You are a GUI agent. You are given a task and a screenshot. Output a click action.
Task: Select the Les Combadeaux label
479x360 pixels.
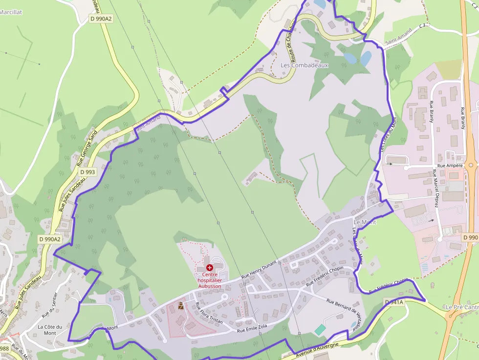305,65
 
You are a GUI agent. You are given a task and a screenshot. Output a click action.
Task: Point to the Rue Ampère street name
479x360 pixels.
450,166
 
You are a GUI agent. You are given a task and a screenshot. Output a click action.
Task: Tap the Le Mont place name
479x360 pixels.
365,222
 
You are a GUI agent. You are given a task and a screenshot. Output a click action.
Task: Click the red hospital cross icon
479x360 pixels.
210,268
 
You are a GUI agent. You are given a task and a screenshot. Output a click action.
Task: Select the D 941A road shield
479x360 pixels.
394,302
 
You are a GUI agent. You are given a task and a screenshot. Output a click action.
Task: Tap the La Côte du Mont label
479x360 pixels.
50,330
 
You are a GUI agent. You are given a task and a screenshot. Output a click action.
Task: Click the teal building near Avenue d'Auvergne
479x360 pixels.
320,330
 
